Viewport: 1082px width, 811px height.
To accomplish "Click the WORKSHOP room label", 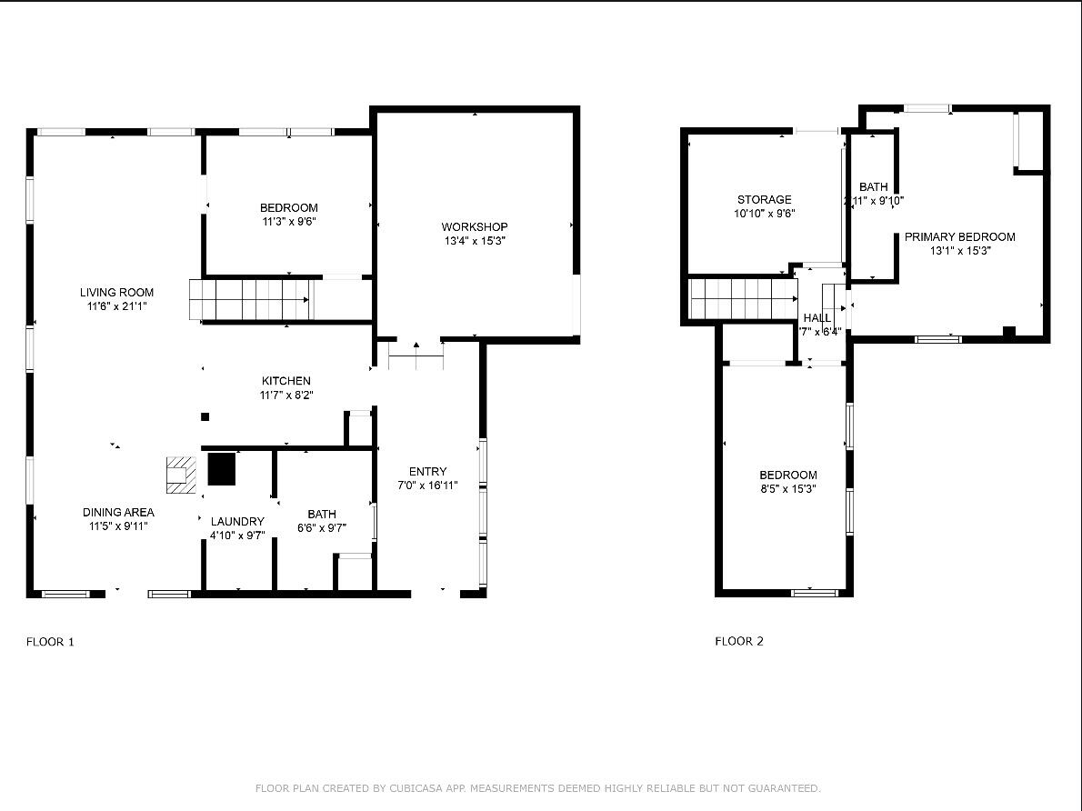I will point(474,226).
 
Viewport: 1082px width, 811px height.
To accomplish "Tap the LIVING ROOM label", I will point(116,292).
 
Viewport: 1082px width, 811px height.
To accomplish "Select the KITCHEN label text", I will point(286,381).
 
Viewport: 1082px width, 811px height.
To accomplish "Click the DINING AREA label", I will point(118,512).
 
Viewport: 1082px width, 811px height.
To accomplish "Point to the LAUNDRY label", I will point(237,521).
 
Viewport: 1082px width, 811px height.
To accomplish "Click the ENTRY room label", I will point(427,471).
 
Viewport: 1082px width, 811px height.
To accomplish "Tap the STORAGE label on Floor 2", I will point(764,199).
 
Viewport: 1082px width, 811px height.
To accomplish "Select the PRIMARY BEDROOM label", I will point(959,236).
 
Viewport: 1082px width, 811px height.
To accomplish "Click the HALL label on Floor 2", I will point(817,317).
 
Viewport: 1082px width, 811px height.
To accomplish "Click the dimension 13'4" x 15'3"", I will point(474,241).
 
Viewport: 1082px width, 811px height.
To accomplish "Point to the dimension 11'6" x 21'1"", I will point(116,306).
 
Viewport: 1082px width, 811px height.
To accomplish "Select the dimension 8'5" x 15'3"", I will point(787,488).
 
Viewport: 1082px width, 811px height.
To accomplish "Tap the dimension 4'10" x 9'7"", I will point(237,536).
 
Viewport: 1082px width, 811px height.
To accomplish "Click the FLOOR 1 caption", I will point(50,642).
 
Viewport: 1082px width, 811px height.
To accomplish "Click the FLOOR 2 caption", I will point(738,641).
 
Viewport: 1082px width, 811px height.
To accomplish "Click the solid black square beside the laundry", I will point(221,469).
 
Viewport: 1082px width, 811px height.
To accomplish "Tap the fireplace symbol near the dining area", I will point(180,475).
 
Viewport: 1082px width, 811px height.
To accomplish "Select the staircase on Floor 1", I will point(250,299).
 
